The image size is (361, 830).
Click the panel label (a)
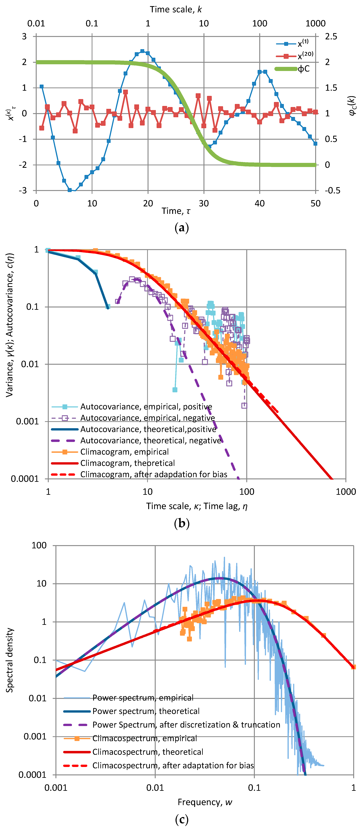(x=181, y=228)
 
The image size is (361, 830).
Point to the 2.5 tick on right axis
(x=331, y=36)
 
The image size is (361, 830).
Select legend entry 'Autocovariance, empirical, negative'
(x=147, y=418)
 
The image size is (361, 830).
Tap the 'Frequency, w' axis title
(x=205, y=802)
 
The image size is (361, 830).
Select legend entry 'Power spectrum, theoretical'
(x=146, y=711)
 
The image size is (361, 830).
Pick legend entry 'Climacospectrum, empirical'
(x=144, y=738)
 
